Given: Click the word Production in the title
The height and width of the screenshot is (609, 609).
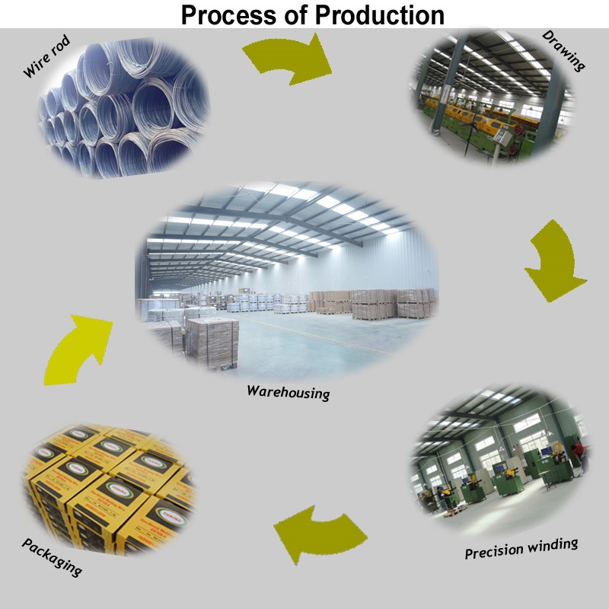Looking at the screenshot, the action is pyautogui.click(x=379, y=15).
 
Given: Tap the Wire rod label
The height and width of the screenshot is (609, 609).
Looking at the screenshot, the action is pyautogui.click(x=46, y=56).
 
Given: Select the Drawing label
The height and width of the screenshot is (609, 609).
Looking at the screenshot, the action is pyautogui.click(x=563, y=50).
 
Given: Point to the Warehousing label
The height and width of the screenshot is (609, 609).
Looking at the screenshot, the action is pyautogui.click(x=289, y=392).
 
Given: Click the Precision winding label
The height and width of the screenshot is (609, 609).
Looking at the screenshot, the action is pyautogui.click(x=521, y=548).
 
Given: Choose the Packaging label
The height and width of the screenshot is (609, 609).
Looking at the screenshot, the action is pyautogui.click(x=52, y=557).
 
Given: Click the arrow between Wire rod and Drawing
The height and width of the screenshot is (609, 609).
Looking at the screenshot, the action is pyautogui.click(x=289, y=59).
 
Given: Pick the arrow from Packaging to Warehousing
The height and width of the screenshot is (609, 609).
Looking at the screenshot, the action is pyautogui.click(x=78, y=349).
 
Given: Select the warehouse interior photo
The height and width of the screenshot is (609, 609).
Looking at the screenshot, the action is pyautogui.click(x=287, y=280).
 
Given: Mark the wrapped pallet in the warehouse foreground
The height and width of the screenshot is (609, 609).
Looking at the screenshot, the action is pyautogui.click(x=212, y=343).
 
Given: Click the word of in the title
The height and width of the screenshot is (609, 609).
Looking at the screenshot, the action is pyautogui.click(x=296, y=15).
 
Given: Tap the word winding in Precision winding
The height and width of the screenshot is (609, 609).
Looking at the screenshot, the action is pyautogui.click(x=552, y=546).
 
